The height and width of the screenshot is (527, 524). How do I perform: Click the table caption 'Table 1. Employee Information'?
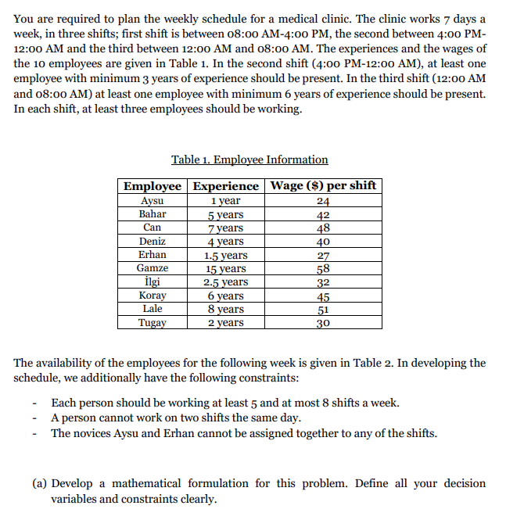249,160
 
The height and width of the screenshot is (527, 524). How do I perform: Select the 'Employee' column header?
153,186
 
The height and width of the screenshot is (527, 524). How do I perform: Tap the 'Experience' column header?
225,186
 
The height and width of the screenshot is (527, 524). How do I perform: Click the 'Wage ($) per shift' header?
323,186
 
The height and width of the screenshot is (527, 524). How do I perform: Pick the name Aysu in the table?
152,201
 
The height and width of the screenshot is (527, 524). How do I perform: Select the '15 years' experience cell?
225,268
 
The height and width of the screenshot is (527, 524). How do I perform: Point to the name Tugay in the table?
153,322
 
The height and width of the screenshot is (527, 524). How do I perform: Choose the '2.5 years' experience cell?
225,282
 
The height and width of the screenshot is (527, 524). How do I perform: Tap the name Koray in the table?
153,296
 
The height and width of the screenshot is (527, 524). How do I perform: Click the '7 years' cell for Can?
225,228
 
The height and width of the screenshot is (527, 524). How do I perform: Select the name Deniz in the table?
153,242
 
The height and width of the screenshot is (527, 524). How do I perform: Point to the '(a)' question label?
41,483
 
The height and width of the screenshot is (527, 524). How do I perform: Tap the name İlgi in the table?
153,281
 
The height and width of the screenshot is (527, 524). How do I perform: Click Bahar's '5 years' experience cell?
225,214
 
